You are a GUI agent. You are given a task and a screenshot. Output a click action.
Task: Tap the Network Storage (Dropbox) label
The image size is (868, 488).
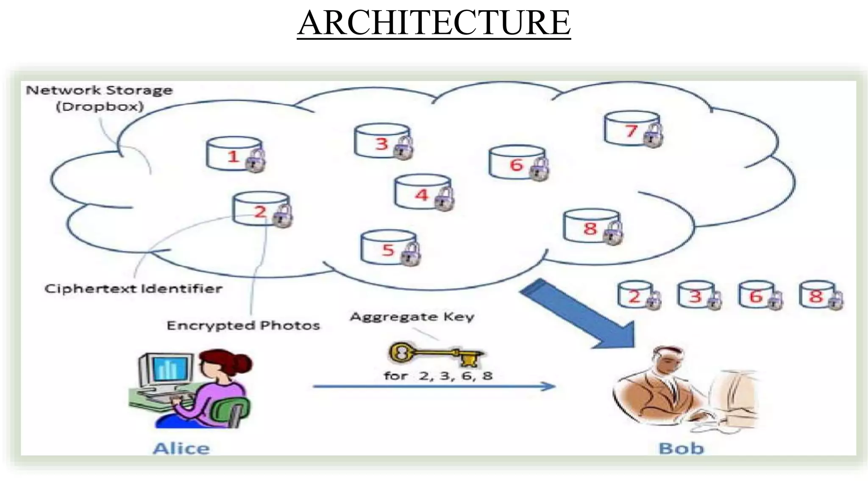[x=99, y=98]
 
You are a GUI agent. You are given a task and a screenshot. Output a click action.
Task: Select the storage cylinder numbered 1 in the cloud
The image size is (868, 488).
[x=234, y=155]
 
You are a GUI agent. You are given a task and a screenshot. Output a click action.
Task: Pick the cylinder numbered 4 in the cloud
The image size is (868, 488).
[x=422, y=193]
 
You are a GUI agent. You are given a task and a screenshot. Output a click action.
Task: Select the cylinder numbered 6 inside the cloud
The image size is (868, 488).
[x=517, y=163]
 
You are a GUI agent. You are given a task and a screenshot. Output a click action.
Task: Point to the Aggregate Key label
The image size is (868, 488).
[x=412, y=316]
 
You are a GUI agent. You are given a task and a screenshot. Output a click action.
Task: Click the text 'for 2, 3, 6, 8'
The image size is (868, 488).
[x=438, y=376]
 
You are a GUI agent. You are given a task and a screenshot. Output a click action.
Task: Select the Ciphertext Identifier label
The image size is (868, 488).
[x=133, y=289]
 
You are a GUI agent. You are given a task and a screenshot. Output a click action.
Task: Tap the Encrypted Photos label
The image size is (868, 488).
[x=243, y=325]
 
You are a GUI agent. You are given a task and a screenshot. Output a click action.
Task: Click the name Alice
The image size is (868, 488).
[x=181, y=448]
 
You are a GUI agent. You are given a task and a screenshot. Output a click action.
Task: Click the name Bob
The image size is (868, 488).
[x=681, y=448]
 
